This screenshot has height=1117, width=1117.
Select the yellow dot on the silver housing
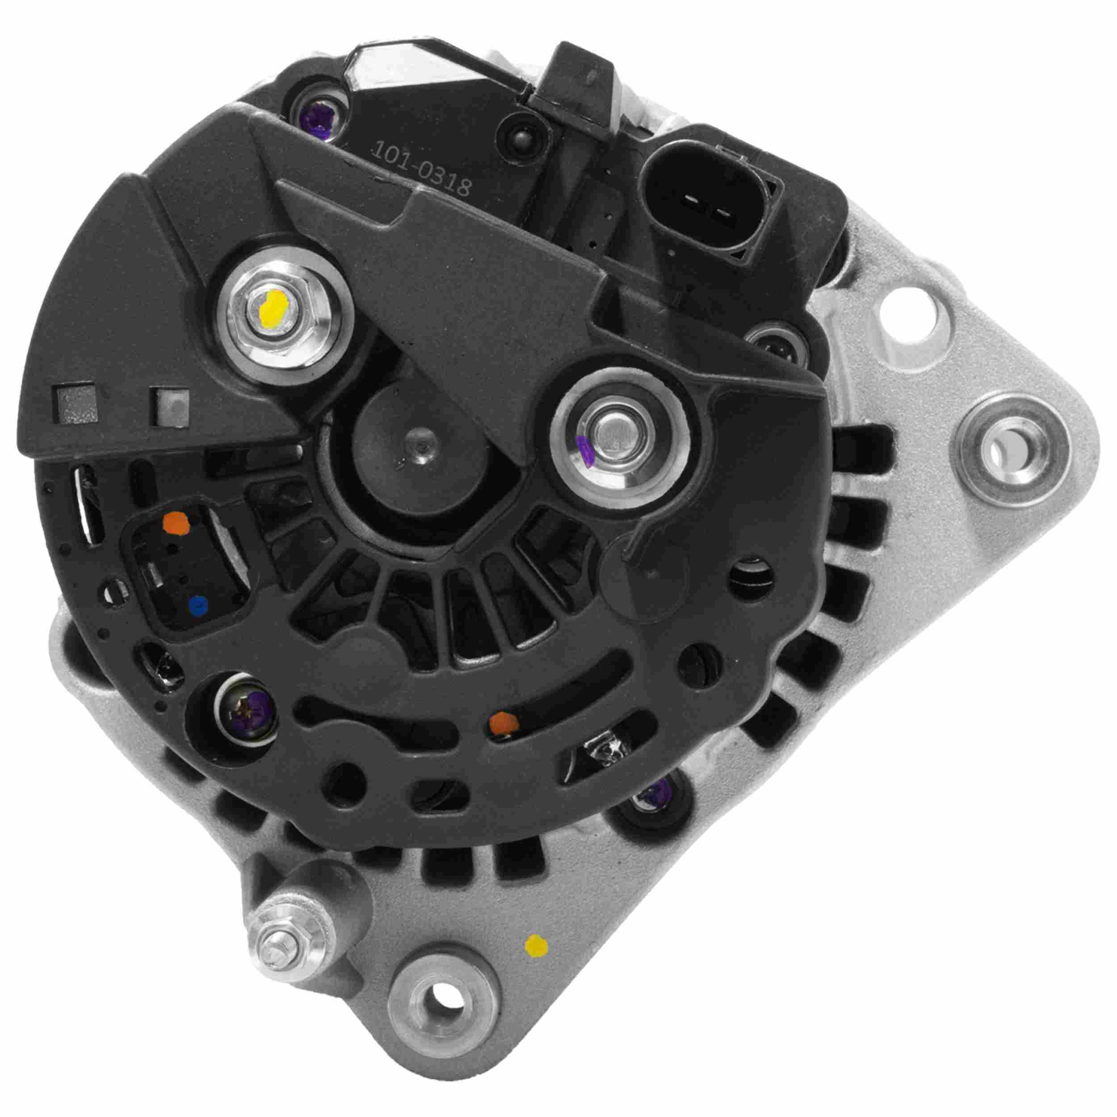tap(536, 945)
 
